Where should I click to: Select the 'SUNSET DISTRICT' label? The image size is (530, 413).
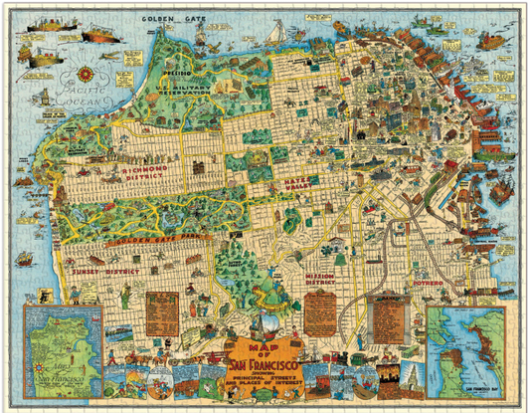click(89, 270)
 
